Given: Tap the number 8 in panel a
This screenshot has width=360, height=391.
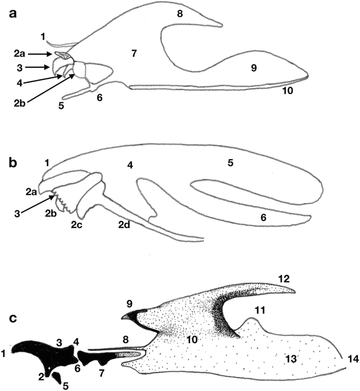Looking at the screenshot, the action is tap(180, 14).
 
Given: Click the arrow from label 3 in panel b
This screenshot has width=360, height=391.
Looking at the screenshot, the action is tap(39, 204).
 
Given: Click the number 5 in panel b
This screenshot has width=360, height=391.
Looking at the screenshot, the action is tap(230, 163).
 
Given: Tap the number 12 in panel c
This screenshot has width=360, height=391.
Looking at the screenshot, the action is tap(285, 277).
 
